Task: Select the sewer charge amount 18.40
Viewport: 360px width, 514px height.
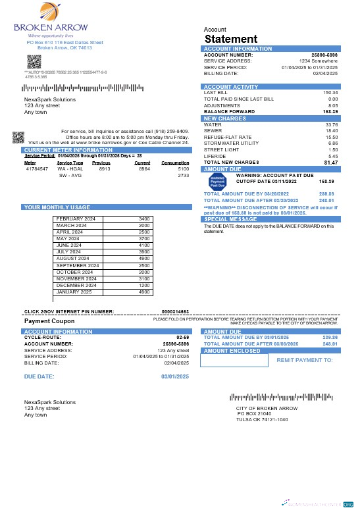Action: [332, 130]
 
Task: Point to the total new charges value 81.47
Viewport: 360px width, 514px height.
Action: [330, 162]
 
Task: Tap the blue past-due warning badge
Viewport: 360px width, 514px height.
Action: [217, 182]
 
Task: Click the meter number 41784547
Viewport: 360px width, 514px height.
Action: [36, 169]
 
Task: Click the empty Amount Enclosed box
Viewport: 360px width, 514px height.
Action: [236, 361]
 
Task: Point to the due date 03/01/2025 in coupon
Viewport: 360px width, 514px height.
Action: [175, 376]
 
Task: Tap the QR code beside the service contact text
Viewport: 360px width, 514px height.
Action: [18, 137]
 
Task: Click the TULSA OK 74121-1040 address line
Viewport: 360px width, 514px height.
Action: [261, 419]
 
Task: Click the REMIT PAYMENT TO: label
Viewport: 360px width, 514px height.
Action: [305, 361]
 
